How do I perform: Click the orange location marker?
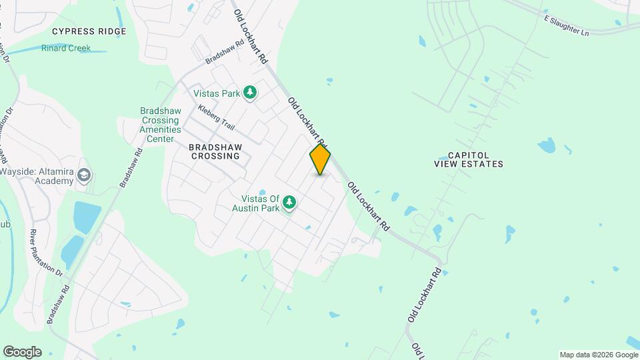pyautogui.click(x=320, y=159)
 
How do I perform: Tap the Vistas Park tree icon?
pyautogui.click(x=250, y=92)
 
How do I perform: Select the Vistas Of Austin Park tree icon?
pyautogui.click(x=289, y=201)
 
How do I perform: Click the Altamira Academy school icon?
pyautogui.click(x=84, y=175)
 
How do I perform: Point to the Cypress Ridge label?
pyautogui.click(x=89, y=31)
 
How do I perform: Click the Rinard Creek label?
pyautogui.click(x=66, y=48)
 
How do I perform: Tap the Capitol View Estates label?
pyautogui.click(x=469, y=159)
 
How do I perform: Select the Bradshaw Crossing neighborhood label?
pyautogui.click(x=214, y=151)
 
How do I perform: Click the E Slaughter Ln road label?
pyautogui.click(x=567, y=25)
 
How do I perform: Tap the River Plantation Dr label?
pyautogui.click(x=45, y=253)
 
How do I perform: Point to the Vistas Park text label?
pyautogui.click(x=217, y=93)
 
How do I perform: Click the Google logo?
pyautogui.click(x=22, y=352)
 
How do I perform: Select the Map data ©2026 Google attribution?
pyautogui.click(x=599, y=355)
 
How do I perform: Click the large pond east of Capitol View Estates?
pyautogui.click(x=546, y=145)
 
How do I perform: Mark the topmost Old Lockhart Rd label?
pyautogui.click(x=249, y=31)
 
